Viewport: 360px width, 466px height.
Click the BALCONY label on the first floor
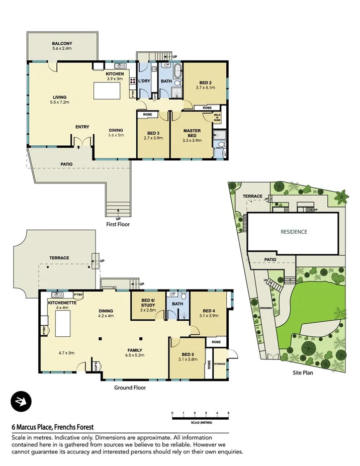62,44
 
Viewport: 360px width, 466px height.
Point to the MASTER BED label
192,133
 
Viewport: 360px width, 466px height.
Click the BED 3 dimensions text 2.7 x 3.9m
153,138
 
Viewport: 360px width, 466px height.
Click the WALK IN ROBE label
217,118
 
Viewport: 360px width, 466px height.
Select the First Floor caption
118,224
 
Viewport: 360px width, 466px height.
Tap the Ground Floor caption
130,388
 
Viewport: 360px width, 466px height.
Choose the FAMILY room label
134,350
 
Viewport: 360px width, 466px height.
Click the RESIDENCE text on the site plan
294,232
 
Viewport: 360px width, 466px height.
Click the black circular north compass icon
21,401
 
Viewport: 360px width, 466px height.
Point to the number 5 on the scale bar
228,413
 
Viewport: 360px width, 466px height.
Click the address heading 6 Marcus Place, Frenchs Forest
53,427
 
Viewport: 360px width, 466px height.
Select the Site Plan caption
304,374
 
